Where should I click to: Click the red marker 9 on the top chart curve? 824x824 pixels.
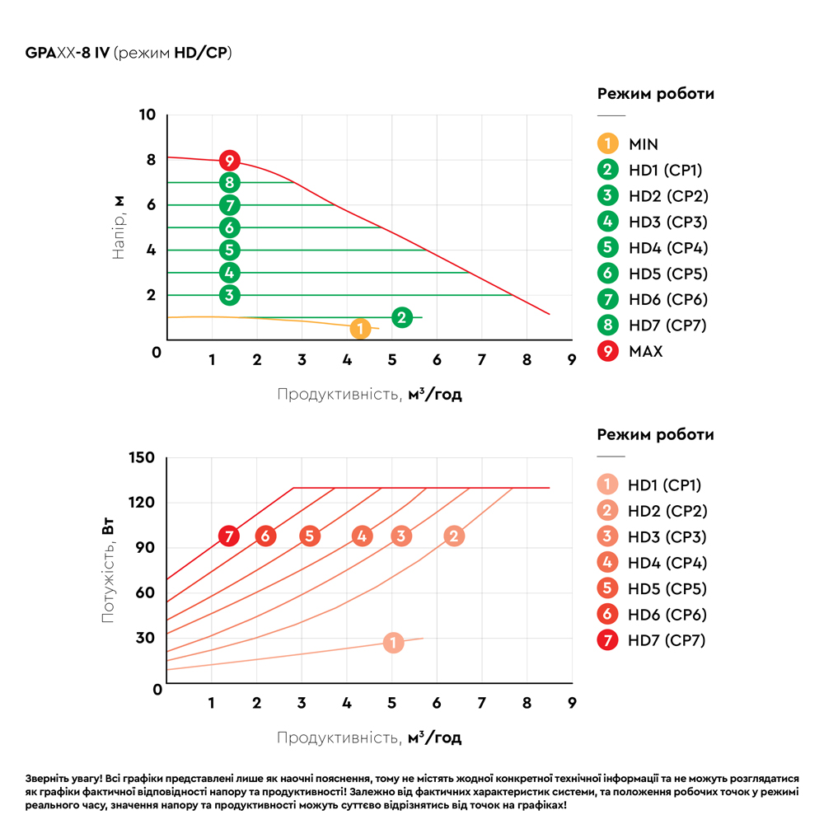tap(230, 161)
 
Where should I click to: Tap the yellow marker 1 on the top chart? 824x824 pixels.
tap(359, 329)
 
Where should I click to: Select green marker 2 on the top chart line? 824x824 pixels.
tap(401, 317)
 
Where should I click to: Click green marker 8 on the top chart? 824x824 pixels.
tap(230, 183)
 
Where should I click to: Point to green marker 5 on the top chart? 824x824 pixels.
tap(230, 250)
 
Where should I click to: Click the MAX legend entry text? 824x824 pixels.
tap(645, 351)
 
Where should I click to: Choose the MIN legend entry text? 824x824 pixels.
tap(643, 144)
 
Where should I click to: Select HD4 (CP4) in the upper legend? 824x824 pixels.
tap(667, 248)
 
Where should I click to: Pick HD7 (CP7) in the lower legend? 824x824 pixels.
tap(667, 640)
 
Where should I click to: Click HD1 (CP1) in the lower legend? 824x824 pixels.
tap(664, 485)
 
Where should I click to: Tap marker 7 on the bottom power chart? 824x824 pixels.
tap(230, 536)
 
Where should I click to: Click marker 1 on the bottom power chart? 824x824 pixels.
tap(394, 643)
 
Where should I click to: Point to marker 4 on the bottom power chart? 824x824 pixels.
tap(361, 536)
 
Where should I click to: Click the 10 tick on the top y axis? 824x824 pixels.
tap(147, 115)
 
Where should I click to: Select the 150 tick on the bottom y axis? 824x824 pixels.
tap(143, 457)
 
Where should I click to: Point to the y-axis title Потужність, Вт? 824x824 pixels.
tap(109, 569)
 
